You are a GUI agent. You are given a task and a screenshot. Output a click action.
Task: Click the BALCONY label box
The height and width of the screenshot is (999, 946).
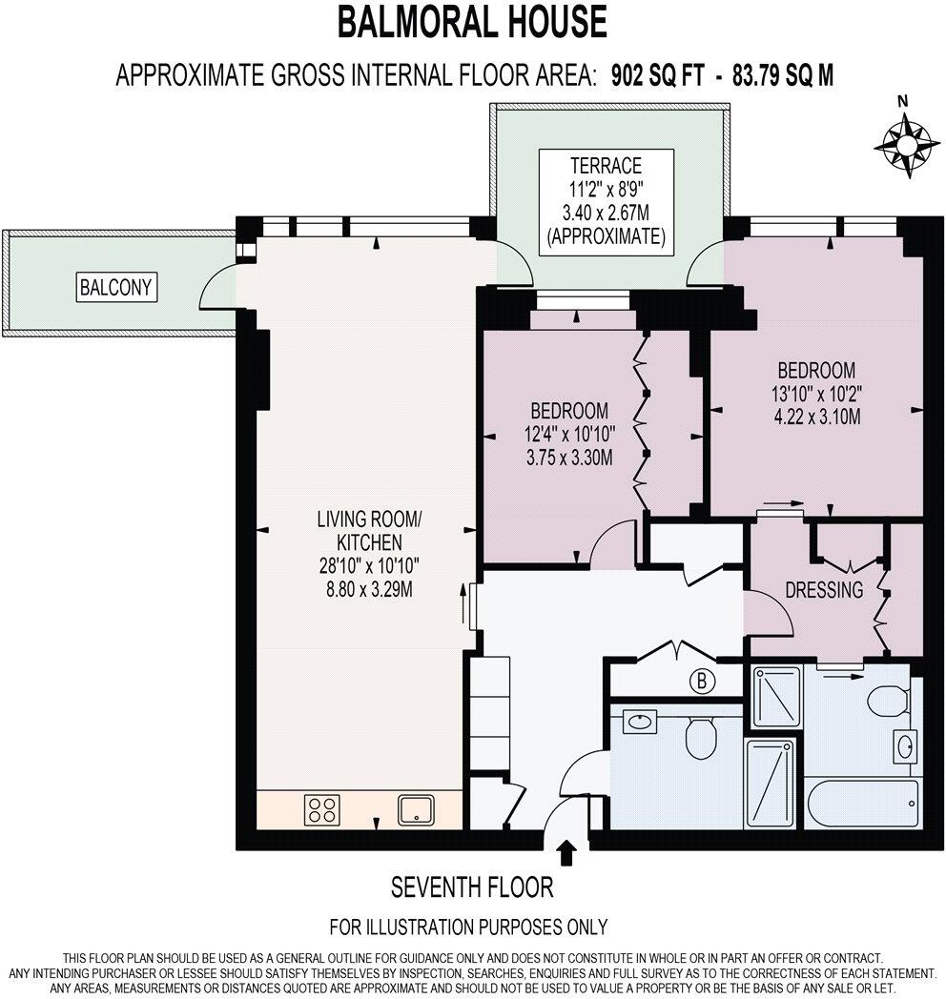(x=116, y=287)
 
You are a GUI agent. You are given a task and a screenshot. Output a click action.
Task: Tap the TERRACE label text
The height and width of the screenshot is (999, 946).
(x=606, y=166)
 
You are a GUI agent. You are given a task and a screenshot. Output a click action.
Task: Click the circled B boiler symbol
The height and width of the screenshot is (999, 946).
(x=702, y=682)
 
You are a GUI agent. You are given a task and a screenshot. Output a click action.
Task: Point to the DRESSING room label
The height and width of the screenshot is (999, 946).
(x=824, y=590)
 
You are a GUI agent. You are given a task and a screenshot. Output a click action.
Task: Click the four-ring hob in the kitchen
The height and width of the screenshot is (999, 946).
(x=322, y=810)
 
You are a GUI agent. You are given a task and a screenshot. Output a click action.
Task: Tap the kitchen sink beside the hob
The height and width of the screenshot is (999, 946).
(x=417, y=809)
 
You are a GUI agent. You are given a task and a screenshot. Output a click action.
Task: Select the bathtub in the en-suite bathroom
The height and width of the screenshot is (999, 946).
(x=862, y=803)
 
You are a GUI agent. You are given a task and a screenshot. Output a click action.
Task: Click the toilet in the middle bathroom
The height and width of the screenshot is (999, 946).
(x=701, y=738)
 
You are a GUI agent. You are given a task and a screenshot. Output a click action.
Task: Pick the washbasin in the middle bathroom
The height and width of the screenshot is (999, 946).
(x=639, y=723)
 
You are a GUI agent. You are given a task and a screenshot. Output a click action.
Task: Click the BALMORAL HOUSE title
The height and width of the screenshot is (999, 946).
(x=472, y=22)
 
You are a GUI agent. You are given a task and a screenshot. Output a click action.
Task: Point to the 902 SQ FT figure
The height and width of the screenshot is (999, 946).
(x=658, y=76)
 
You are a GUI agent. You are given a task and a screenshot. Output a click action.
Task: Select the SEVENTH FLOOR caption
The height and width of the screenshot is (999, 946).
(x=472, y=887)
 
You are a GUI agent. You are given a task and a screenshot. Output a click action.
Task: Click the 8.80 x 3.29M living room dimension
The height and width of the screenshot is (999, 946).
(x=369, y=589)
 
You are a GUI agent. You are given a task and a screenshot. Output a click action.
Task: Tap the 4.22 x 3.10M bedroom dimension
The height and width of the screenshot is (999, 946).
(x=816, y=418)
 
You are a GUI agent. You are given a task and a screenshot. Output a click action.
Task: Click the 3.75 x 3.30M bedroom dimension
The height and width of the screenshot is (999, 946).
(x=569, y=458)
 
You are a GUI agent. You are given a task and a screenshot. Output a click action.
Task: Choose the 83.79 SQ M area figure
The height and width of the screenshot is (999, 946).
(x=783, y=76)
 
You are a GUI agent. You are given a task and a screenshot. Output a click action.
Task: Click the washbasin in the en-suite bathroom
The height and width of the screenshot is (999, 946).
(x=905, y=746)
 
